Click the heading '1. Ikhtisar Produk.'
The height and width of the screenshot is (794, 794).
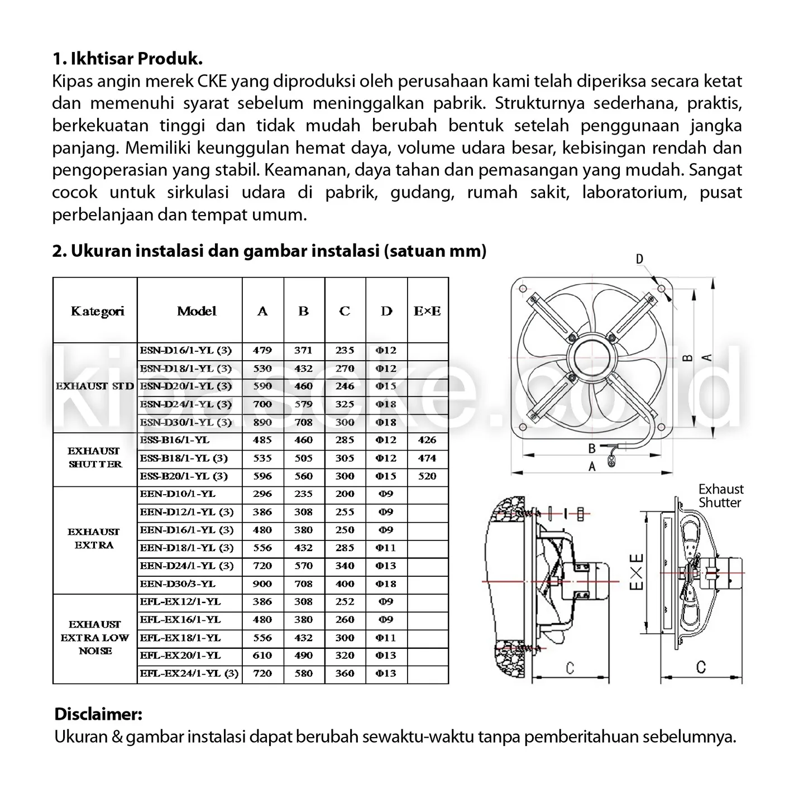pos(127,59)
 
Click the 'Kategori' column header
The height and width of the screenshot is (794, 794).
pos(97,311)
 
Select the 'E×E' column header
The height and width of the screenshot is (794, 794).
pos(427,311)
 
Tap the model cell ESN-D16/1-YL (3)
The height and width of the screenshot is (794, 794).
pos(186,351)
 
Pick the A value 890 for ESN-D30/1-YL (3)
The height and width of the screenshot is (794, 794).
pos(262,422)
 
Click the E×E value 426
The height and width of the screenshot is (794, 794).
pos(427,440)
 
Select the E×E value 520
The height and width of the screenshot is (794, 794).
pos(427,476)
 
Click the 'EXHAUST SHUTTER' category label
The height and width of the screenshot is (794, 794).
pos(94,457)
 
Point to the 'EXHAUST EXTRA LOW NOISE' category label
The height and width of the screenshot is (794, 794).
pos(94,638)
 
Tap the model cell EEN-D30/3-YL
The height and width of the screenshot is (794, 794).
pos(178,583)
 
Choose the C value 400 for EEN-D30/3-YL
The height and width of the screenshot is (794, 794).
pos(345,583)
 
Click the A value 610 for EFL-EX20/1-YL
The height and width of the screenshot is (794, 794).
pos(262,656)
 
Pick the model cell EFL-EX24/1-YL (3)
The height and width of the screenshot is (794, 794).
pos(189,673)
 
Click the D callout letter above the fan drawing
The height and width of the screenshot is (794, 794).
pos(640,259)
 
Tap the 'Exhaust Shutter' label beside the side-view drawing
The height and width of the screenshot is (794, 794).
pos(720,496)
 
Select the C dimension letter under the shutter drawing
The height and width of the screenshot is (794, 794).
pos(701,667)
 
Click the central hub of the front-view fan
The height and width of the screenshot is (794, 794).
pos(592,357)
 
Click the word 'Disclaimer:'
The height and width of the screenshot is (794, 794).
pos(98,714)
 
